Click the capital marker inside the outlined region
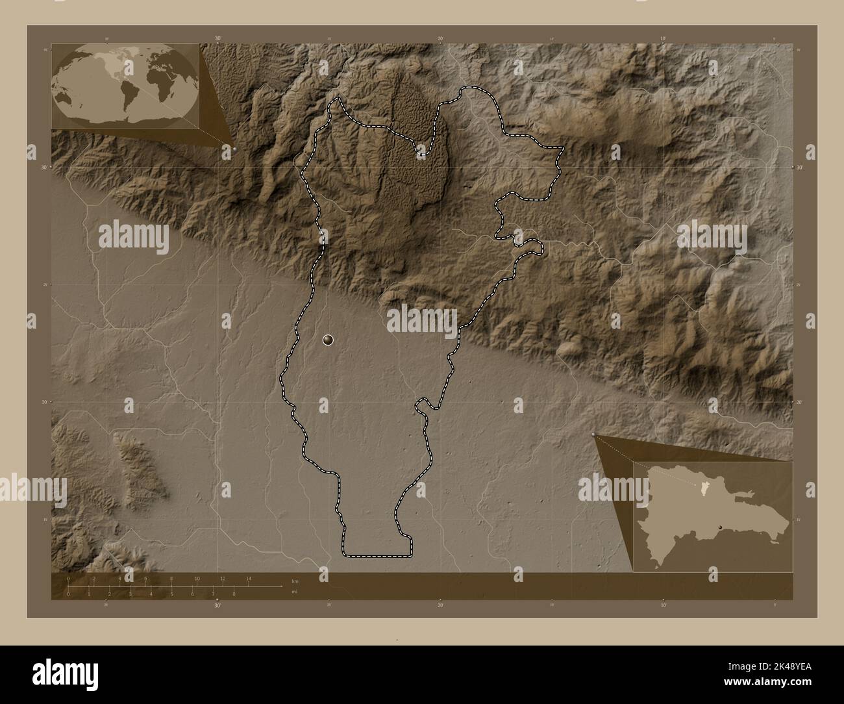pyautogui.click(x=329, y=339)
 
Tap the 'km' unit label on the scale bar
pyautogui.click(x=295, y=581)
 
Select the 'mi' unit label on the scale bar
pyautogui.click(x=295, y=592)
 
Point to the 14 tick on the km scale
pyautogui.click(x=248, y=578)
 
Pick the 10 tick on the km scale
pyautogui.click(x=197, y=578)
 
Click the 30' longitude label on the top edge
pyautogui.click(x=217, y=40)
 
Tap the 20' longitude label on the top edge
pyautogui.click(x=440, y=40)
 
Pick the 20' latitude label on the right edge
pyautogui.click(x=799, y=403)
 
